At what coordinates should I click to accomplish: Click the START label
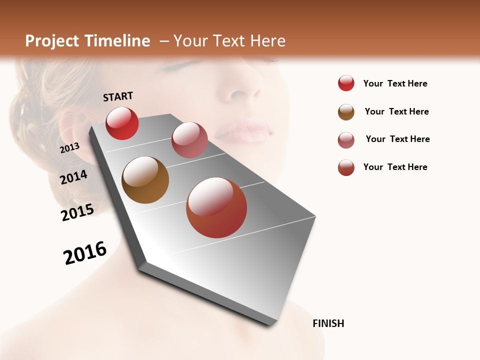[x=118, y=96]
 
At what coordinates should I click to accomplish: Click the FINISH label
[x=328, y=323]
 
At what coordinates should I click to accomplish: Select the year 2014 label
[x=74, y=177]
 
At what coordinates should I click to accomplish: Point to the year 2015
[x=77, y=212]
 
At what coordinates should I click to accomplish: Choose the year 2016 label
[x=85, y=252]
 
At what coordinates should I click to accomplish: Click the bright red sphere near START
[x=122, y=123]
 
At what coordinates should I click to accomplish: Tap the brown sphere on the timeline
[x=145, y=180]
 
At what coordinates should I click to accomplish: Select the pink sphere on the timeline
[x=189, y=140]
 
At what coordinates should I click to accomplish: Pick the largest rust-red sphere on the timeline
[x=216, y=207]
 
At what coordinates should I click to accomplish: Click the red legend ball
[x=346, y=83]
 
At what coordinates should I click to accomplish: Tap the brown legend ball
[x=346, y=112]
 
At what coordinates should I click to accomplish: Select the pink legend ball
[x=346, y=140]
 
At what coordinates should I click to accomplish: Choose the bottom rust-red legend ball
[x=346, y=167]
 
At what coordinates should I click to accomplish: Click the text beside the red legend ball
[x=395, y=83]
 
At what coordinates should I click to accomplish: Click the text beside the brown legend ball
[x=396, y=111]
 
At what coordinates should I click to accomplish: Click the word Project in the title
[x=51, y=41]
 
